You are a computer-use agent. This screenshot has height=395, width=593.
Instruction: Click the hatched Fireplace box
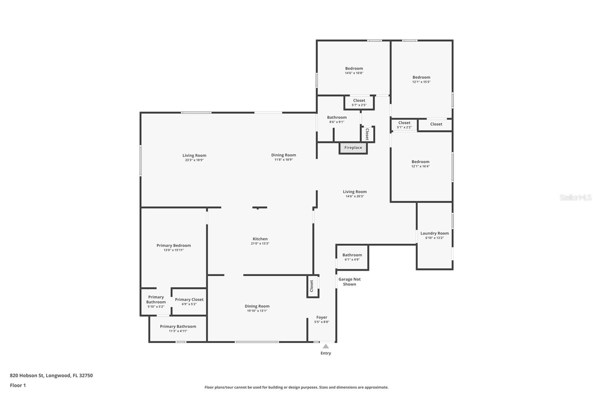pyautogui.click(x=353, y=148)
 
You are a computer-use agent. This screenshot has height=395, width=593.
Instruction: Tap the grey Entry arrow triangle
pyautogui.click(x=326, y=346)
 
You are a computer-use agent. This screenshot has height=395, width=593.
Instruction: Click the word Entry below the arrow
pyautogui.click(x=326, y=353)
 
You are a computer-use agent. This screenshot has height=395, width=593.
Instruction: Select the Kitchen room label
pyautogui.click(x=260, y=239)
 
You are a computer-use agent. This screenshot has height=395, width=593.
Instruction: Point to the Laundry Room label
pyautogui.click(x=434, y=233)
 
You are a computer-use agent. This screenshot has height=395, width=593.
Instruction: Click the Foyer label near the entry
pyautogui.click(x=322, y=317)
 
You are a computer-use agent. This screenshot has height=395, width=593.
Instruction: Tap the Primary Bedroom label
pyautogui.click(x=174, y=245)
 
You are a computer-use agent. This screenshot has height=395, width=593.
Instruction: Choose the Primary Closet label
pyautogui.click(x=189, y=299)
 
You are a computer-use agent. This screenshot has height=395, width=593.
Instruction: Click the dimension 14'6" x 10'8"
pyautogui.click(x=354, y=73)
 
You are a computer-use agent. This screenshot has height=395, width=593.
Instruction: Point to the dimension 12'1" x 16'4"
pyautogui.click(x=420, y=166)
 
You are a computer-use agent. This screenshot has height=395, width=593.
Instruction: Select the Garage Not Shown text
pyautogui.click(x=349, y=282)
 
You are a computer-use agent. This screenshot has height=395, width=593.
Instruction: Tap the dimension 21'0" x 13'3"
pyautogui.click(x=260, y=243)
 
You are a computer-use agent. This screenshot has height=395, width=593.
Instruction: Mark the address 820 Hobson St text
pyautogui.click(x=26, y=375)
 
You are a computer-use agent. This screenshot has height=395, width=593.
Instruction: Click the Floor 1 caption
pyautogui.click(x=18, y=385)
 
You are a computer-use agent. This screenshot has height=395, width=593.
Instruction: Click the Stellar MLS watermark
pyautogui.click(x=576, y=197)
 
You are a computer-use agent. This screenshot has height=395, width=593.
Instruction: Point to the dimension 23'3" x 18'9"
pyautogui.click(x=194, y=160)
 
